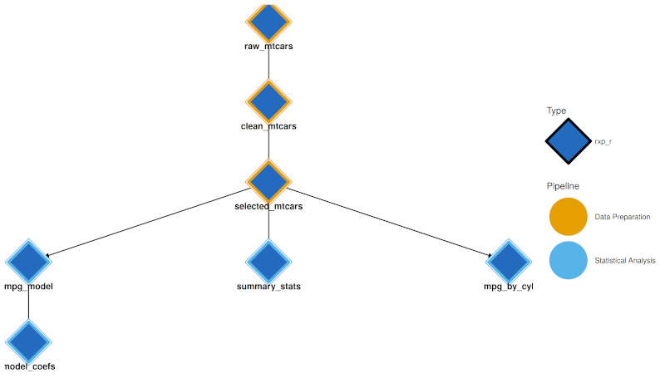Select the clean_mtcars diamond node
[268, 101]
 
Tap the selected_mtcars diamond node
[268, 181]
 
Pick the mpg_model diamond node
[29, 262]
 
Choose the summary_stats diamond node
[268, 262]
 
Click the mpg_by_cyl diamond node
[508, 262]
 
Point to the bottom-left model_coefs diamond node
[29, 341]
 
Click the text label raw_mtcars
[268, 47]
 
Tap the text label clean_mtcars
[268, 126]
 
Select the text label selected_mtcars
[268, 206]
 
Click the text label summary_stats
[268, 287]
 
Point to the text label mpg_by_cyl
[508, 287]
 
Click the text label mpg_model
[29, 287]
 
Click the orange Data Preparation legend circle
[569, 216]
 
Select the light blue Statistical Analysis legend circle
[569, 260]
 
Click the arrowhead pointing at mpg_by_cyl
[488, 255]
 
